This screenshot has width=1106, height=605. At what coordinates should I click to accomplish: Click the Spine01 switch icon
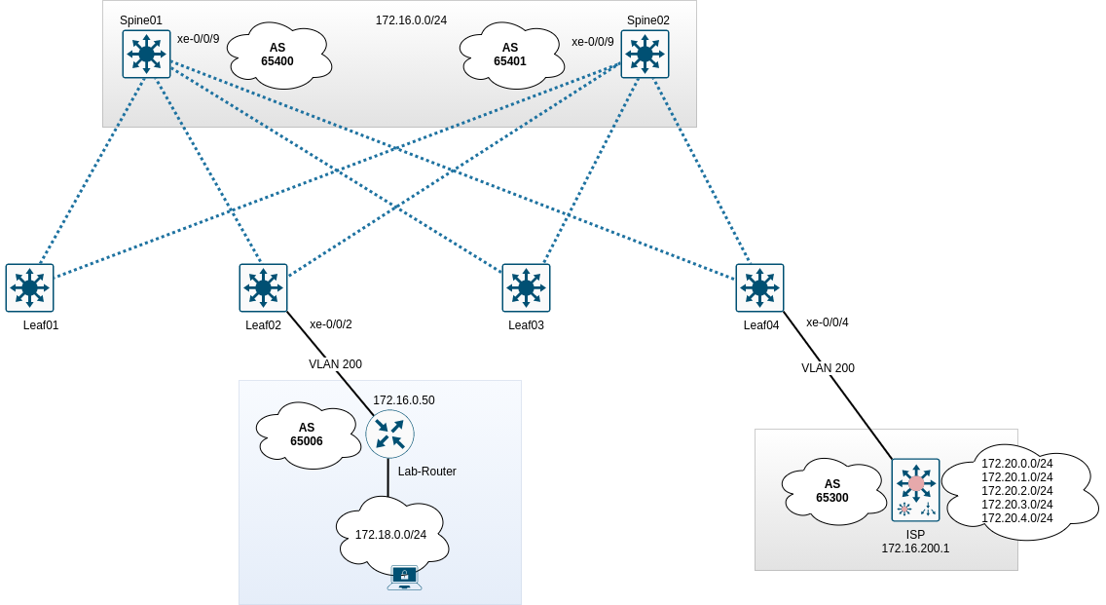pyautogui.click(x=146, y=54)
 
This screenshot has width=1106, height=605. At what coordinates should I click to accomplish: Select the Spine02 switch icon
pyautogui.click(x=645, y=54)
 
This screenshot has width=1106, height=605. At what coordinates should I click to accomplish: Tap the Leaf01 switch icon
pyautogui.click(x=29, y=287)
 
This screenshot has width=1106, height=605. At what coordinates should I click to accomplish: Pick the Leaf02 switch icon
pyautogui.click(x=263, y=287)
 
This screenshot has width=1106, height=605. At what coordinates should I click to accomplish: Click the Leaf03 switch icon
pyautogui.click(x=526, y=287)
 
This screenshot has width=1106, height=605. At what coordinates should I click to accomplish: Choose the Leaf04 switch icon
pyautogui.click(x=759, y=287)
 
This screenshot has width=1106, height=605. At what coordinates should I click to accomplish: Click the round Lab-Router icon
pyautogui.click(x=389, y=434)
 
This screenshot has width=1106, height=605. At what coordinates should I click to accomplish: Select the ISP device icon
pyautogui.click(x=915, y=489)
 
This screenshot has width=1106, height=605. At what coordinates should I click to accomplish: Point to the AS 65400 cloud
pyautogui.click(x=277, y=55)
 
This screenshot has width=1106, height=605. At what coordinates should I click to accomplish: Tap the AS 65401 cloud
pyautogui.click(x=510, y=55)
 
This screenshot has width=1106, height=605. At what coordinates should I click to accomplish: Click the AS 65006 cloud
pyautogui.click(x=307, y=435)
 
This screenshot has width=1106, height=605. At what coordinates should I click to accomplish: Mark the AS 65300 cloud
pyautogui.click(x=832, y=491)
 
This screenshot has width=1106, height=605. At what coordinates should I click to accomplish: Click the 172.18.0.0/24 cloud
pyautogui.click(x=390, y=534)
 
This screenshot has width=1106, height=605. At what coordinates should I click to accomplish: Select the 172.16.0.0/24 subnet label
pyautogui.click(x=411, y=19)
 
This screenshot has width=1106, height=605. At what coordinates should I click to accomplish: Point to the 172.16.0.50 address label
pyautogui.click(x=404, y=400)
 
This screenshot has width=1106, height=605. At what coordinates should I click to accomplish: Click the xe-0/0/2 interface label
pyautogui.click(x=331, y=324)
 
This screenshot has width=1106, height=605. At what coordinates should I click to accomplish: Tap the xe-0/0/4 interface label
pyautogui.click(x=828, y=322)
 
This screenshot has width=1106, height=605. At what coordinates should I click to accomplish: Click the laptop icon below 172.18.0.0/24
pyautogui.click(x=404, y=578)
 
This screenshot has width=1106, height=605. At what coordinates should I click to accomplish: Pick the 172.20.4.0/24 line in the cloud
pyautogui.click(x=1017, y=518)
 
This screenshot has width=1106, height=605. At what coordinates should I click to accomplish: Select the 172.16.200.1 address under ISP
pyautogui.click(x=915, y=548)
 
